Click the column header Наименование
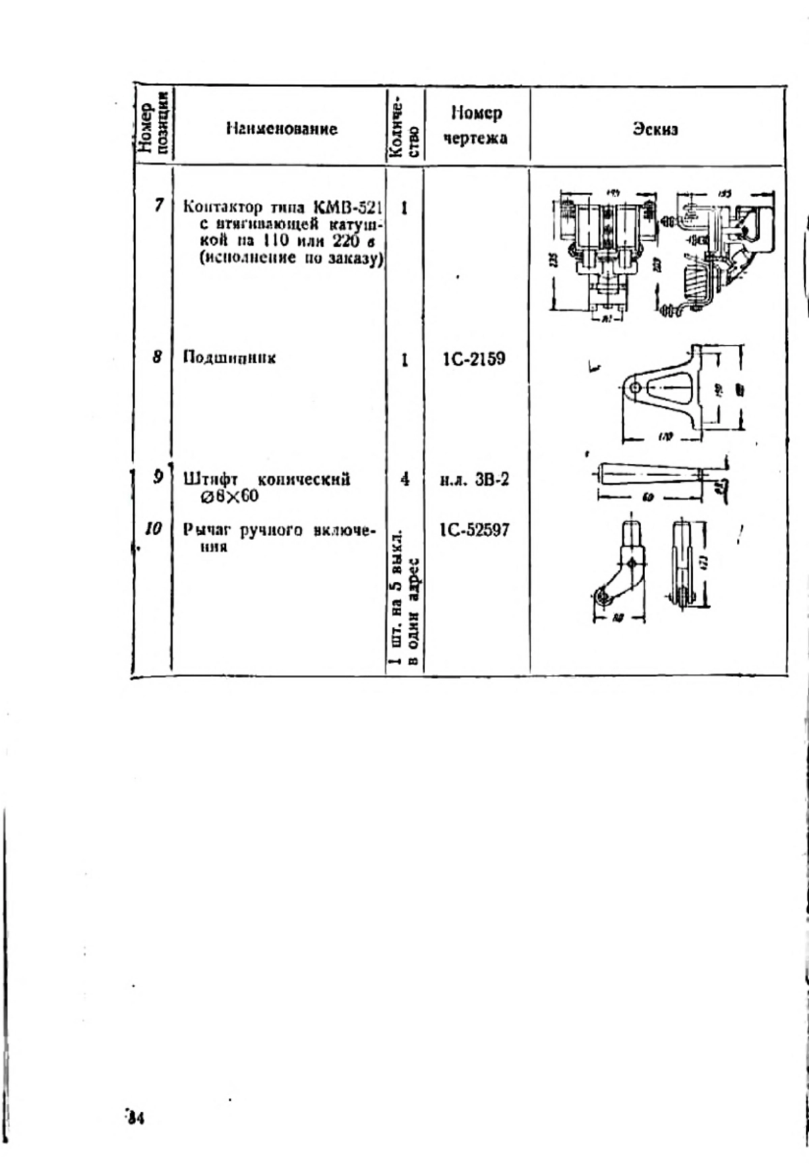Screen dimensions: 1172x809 click(281, 128)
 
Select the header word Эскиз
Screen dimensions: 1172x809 click(655, 128)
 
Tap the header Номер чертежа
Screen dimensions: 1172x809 click(476, 125)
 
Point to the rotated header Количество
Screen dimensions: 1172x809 click(405, 127)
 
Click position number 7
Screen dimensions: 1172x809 click(158, 205)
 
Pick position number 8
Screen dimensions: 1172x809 click(157, 357)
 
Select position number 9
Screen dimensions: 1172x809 click(158, 477)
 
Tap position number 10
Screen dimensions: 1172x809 click(154, 529)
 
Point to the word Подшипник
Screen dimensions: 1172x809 click(229, 357)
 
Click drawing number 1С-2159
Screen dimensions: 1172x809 click(473, 358)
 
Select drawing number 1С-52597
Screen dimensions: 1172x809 click(475, 530)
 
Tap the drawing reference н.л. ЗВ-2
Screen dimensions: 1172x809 click(475, 479)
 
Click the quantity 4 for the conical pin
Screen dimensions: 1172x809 click(404, 479)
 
